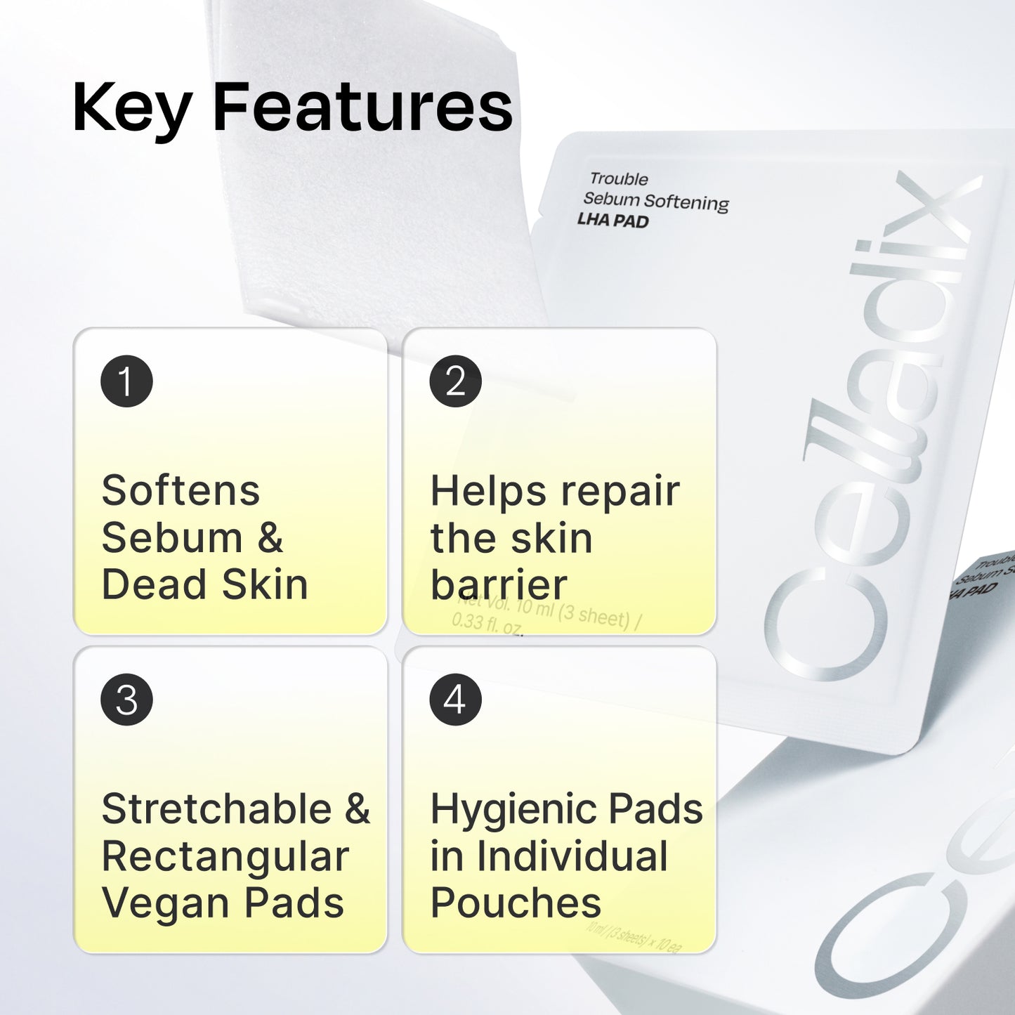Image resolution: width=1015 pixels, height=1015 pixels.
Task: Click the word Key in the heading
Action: (x=131, y=108)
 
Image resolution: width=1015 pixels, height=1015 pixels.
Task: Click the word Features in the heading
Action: (x=362, y=107)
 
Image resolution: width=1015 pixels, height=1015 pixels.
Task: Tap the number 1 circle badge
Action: (x=126, y=381)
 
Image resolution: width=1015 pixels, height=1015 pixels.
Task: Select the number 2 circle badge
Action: (x=455, y=381)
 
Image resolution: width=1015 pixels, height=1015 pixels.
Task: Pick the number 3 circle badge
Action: (x=126, y=700)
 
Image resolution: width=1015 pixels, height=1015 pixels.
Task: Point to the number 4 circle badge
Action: (x=455, y=700)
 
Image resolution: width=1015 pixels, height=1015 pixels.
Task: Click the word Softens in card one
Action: (x=181, y=490)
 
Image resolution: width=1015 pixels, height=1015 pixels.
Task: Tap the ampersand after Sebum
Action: (x=270, y=538)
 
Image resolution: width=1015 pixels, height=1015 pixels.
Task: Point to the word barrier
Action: (x=499, y=585)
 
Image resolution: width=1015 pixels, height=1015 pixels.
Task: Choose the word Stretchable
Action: (x=216, y=809)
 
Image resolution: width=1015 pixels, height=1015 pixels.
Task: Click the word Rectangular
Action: (x=225, y=856)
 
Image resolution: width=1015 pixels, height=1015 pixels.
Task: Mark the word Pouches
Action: (x=516, y=903)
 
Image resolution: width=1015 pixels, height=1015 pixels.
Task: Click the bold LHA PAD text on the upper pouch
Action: (x=613, y=221)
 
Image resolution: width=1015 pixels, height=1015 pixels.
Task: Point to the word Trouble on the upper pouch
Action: (x=619, y=179)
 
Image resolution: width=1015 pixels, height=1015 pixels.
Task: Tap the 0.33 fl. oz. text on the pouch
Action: (x=487, y=623)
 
